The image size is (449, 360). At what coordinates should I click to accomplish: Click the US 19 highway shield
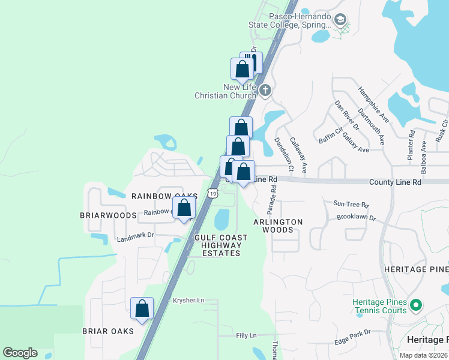click(x=212, y=193)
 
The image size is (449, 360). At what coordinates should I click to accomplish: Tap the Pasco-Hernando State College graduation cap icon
click(x=340, y=20)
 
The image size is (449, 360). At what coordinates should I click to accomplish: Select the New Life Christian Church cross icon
click(x=265, y=91)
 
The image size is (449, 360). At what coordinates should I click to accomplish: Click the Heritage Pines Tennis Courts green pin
click(x=415, y=307)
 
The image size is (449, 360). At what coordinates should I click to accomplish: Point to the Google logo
click(x=20, y=353)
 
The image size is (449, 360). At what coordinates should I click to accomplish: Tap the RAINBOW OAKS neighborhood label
click(x=165, y=196)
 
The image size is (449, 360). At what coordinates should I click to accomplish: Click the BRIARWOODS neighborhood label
click(x=109, y=215)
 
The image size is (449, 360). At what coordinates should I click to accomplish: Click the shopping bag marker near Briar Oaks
click(x=142, y=308)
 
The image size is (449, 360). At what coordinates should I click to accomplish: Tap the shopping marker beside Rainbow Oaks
click(x=184, y=209)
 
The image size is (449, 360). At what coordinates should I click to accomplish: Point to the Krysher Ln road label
click(x=188, y=300)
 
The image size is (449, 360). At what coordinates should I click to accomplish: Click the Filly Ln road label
click(x=246, y=335)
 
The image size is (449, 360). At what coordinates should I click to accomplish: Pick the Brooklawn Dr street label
click(x=355, y=217)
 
